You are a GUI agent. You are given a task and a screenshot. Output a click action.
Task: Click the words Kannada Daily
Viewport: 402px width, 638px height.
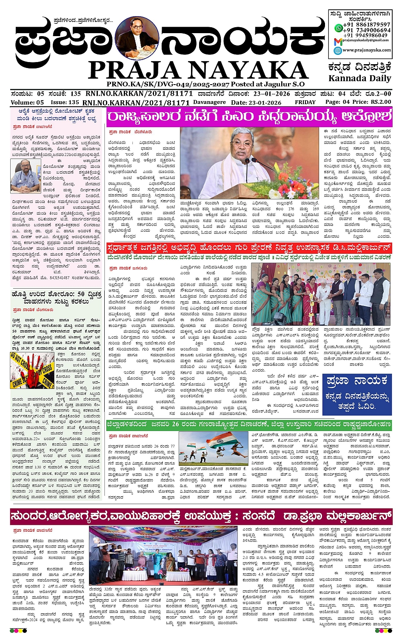click(x=359, y=78)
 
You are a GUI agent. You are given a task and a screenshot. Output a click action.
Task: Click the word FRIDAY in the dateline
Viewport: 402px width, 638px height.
click(x=305, y=102)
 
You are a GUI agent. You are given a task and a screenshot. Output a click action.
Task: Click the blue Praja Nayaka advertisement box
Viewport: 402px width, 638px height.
click(x=356, y=394)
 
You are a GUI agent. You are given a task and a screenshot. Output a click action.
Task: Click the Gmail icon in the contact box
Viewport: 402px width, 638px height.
click(x=338, y=41)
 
